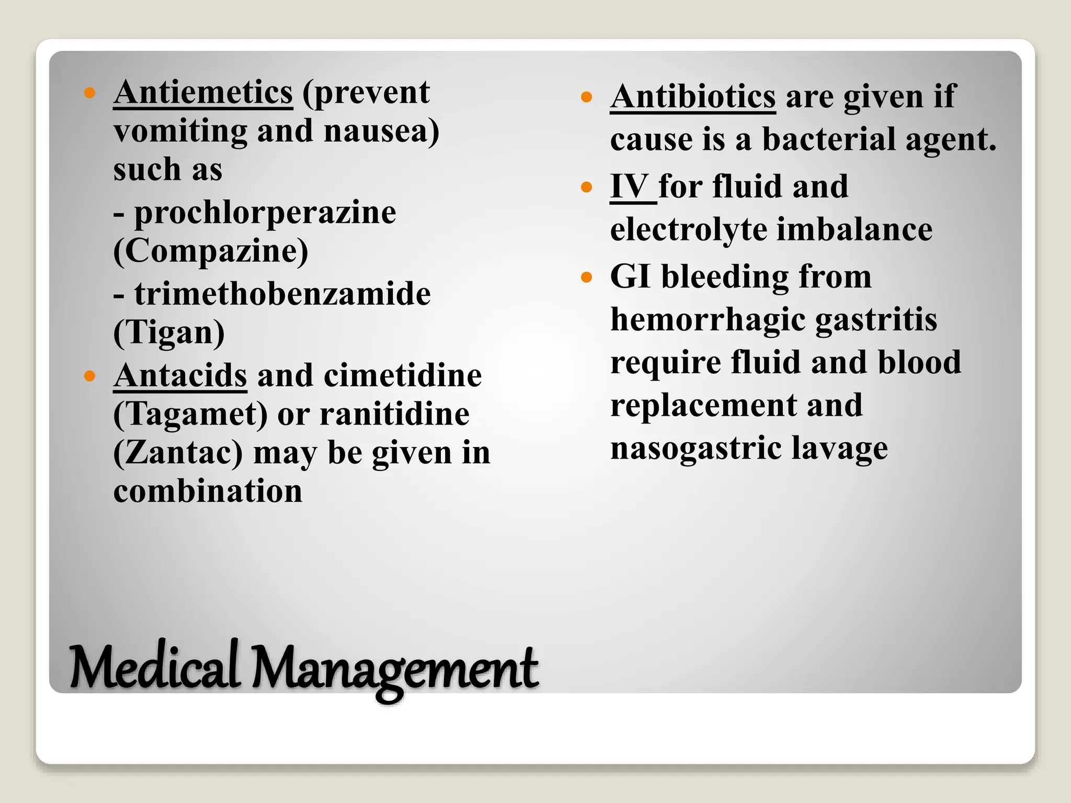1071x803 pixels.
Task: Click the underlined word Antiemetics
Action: pos(203,93)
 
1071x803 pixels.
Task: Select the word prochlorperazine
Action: pos(265,213)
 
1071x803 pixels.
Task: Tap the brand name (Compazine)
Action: pos(211,251)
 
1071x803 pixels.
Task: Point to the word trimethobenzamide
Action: pos(282,294)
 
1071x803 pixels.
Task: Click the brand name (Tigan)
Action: pos(169,332)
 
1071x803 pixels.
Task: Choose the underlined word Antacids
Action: pos(180,376)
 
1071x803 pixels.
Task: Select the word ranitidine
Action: pos(394,415)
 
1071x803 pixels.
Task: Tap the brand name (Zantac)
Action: pos(178,453)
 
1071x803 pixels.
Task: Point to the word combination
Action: pos(208,491)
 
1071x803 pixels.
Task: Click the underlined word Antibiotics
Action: pos(693,97)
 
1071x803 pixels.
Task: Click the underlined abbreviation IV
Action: pos(630,187)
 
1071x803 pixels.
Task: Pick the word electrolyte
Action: pos(688,230)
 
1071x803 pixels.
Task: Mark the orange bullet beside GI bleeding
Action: pos(586,277)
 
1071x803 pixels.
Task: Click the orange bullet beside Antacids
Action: pos(90,375)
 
